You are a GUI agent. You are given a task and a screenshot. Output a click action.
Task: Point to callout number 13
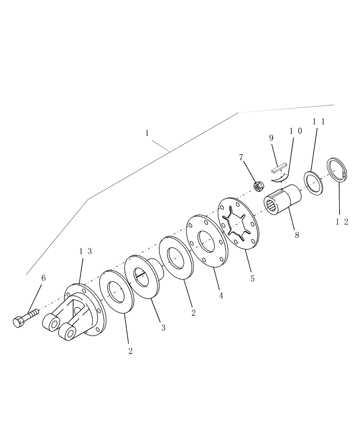[86, 251]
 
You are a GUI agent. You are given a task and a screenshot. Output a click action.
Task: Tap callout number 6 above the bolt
[43, 278]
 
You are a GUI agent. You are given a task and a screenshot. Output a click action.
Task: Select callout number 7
[241, 157]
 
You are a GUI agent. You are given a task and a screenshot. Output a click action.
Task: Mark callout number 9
[271, 138]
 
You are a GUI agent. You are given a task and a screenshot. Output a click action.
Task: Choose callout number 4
[221, 295]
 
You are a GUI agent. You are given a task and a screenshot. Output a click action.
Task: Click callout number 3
[163, 328]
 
